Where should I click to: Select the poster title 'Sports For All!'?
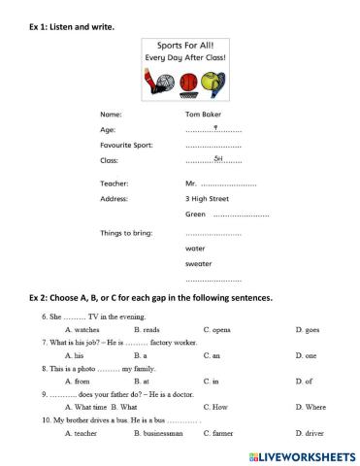tap(185, 46)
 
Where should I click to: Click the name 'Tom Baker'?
tap(203, 115)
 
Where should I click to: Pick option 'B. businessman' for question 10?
tap(158, 432)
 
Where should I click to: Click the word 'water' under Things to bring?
tap(194, 248)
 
